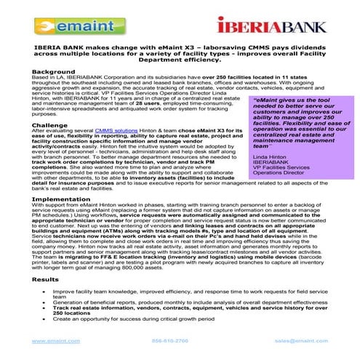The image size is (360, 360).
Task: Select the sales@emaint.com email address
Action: pyautogui.click(x=299, y=340)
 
